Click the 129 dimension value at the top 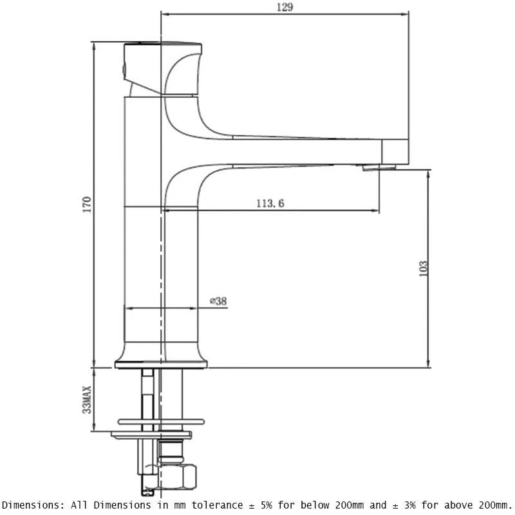[285, 7]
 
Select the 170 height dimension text [88, 204]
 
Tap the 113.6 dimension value [270, 203]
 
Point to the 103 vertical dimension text [423, 268]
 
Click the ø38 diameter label [219, 301]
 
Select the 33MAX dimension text [88, 398]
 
